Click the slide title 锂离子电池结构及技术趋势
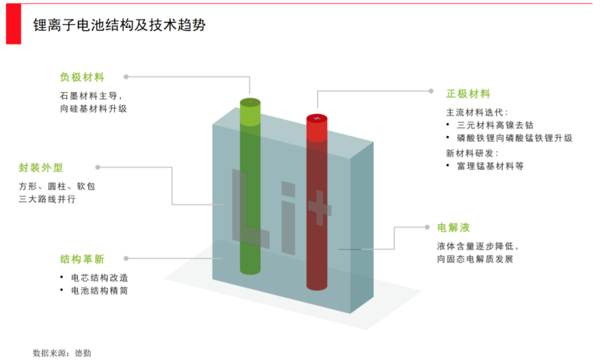pos(119,25)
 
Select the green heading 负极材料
pos(82,77)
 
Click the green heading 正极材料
pos(468,94)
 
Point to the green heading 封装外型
pos(40,168)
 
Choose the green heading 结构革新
pos(82,258)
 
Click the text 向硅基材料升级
pos(93,109)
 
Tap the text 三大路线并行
pos(47,199)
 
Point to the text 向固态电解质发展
pos(475,259)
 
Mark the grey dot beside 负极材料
pos(126,76)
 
